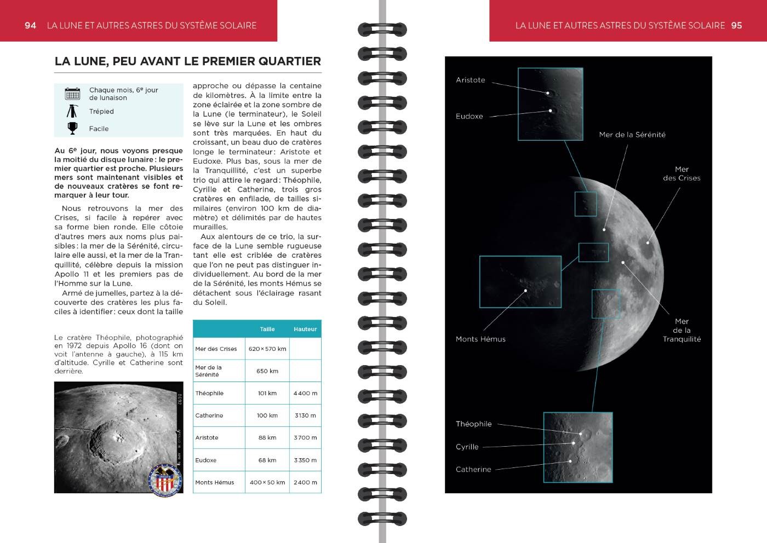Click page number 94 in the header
click(30, 25)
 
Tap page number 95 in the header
click(736, 25)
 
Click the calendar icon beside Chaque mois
click(72, 94)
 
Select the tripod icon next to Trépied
click(72, 111)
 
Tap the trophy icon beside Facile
click(72, 128)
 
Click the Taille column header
click(267, 329)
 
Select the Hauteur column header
click(305, 329)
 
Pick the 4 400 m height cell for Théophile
click(305, 393)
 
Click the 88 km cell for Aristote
click(267, 437)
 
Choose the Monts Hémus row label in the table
click(215, 482)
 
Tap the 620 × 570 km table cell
click(267, 349)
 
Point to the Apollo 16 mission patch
click(165, 480)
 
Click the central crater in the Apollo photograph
click(117, 436)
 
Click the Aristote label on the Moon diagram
click(471, 80)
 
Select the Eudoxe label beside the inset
click(470, 116)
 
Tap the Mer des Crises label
click(682, 174)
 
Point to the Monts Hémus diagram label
click(480, 339)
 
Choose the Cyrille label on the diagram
click(467, 447)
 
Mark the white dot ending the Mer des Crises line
click(648, 242)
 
